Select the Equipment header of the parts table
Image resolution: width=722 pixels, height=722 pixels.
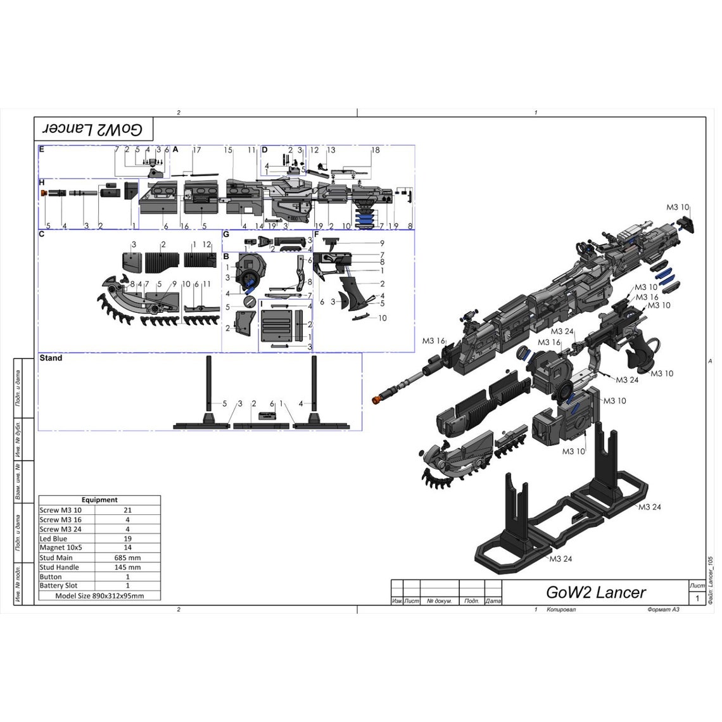point(99,500)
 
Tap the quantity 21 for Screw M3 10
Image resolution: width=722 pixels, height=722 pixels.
point(128,510)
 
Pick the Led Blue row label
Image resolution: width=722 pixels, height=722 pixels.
point(53,538)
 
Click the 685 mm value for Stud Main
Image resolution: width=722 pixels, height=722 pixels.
point(128,557)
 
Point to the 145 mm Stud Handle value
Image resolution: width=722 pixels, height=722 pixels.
point(128,567)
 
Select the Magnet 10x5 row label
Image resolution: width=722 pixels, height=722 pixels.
point(61,547)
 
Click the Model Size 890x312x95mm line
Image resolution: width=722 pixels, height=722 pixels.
point(99,595)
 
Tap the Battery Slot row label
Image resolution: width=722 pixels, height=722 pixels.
point(58,585)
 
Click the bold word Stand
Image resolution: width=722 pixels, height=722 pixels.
point(51,358)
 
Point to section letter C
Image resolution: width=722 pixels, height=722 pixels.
point(41,234)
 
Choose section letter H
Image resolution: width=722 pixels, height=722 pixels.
point(42,182)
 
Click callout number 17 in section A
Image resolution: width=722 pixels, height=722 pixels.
point(196,150)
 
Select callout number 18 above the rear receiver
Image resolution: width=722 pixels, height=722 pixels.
point(376,150)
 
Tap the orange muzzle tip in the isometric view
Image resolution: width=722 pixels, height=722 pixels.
point(376,400)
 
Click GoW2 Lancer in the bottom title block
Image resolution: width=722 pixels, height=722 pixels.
point(595,592)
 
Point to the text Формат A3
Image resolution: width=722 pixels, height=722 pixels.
point(663,609)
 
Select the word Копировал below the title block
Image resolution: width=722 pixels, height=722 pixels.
point(561,609)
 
